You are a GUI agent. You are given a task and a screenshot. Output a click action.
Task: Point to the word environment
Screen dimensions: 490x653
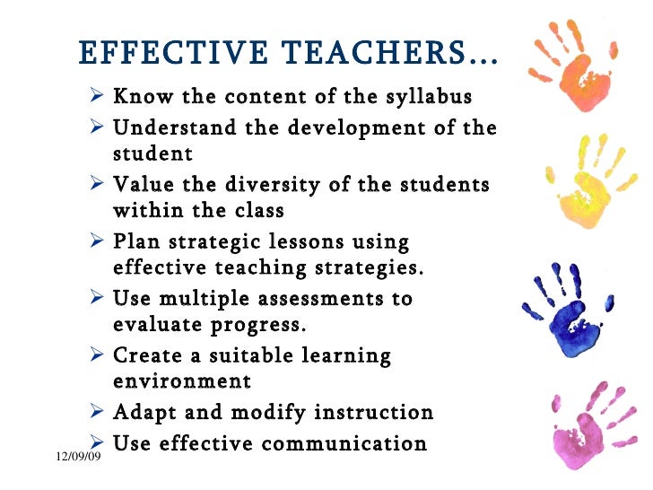(182, 381)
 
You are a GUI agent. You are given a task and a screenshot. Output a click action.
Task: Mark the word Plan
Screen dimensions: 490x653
(135, 242)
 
